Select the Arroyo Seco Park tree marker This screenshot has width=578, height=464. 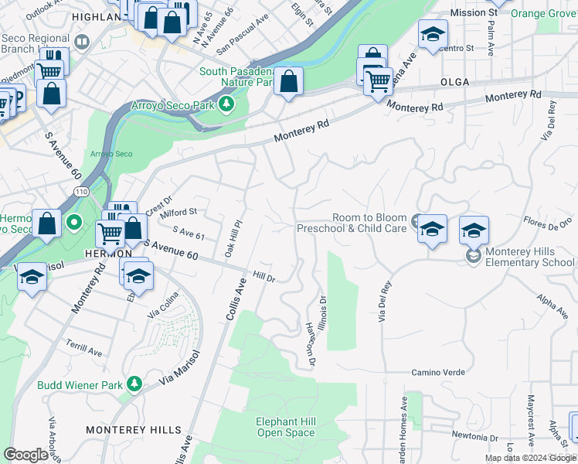pos(226,104)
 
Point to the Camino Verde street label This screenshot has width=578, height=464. pos(438,372)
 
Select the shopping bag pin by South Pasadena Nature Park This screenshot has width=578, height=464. pos(288,82)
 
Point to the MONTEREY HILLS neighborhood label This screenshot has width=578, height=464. pos(134,429)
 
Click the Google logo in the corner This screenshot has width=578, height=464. pos(25,454)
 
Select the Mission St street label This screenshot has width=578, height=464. pos(474,13)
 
